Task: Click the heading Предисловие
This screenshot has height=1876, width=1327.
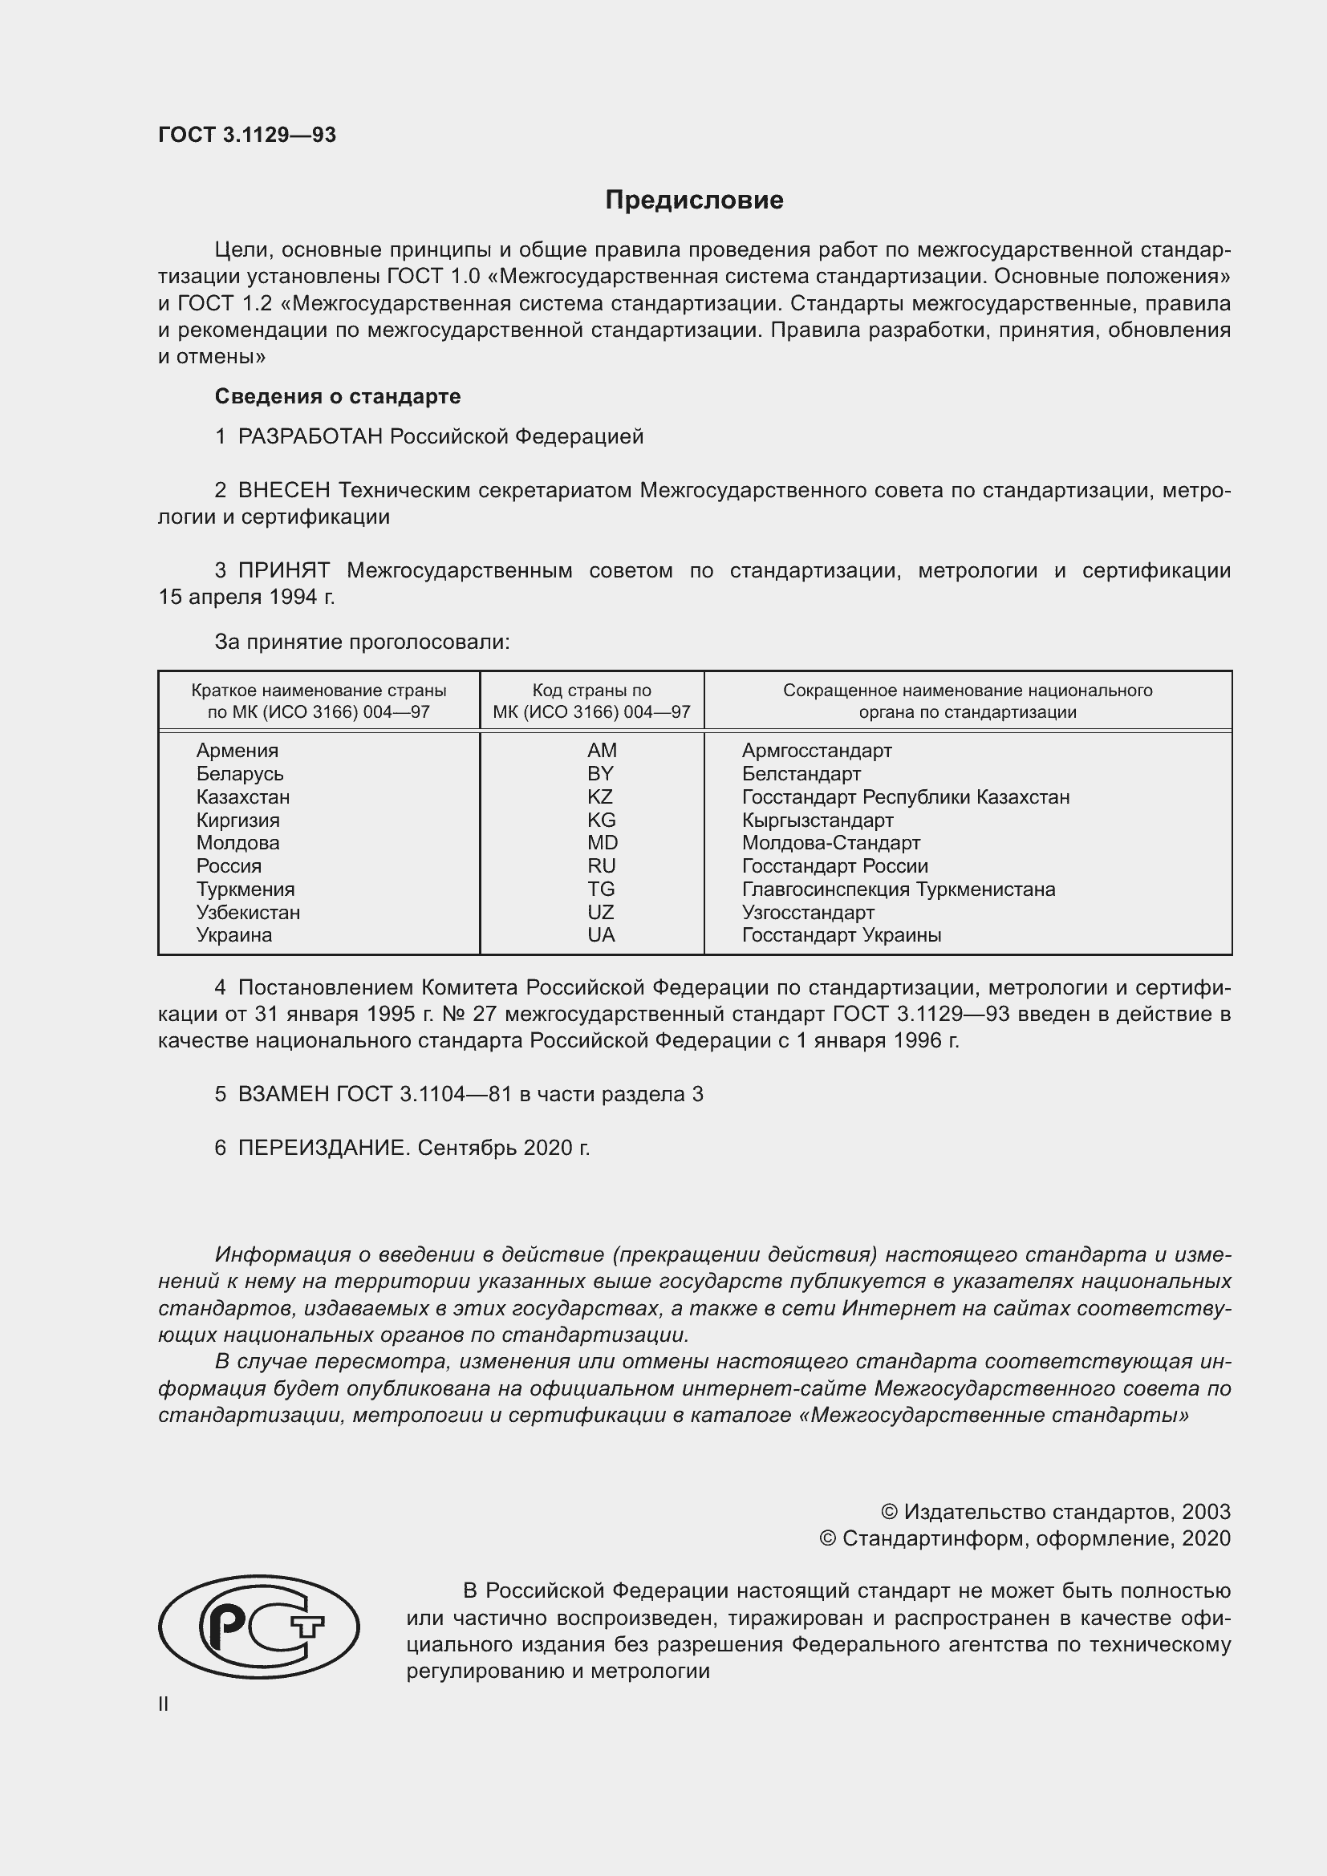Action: (694, 201)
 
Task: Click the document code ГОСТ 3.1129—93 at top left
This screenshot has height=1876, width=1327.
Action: (247, 135)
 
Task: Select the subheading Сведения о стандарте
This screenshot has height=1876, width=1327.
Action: (338, 396)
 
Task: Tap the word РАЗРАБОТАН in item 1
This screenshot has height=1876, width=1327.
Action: (310, 436)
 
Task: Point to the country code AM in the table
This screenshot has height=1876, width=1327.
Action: (602, 750)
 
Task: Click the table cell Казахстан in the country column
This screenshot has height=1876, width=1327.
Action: (242, 796)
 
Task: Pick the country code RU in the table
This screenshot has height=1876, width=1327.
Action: (602, 865)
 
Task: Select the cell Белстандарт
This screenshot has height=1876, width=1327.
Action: (801, 773)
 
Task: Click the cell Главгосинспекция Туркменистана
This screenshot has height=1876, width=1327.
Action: (898, 889)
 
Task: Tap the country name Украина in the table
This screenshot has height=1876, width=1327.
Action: (233, 934)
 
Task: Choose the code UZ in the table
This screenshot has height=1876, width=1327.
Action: (601, 912)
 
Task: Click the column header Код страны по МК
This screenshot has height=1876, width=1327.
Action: (591, 700)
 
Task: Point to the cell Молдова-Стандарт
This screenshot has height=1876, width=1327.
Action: (830, 842)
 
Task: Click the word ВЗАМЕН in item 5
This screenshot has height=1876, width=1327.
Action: (283, 1094)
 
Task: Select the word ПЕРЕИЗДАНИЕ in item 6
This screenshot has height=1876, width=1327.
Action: (322, 1148)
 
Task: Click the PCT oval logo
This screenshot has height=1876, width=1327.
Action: (258, 1627)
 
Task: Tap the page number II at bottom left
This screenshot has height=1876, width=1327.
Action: (164, 1704)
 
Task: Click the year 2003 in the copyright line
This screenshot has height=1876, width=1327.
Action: (1205, 1512)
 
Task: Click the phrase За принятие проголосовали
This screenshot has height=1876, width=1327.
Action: (361, 642)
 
